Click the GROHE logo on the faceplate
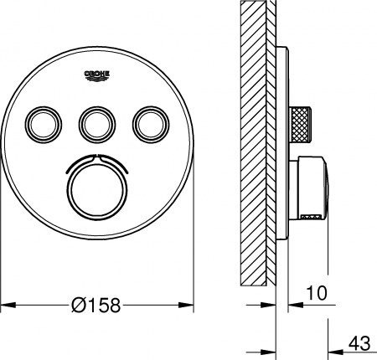coord(99,78)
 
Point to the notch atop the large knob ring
coord(98,156)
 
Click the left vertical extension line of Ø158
coord(2,251)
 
